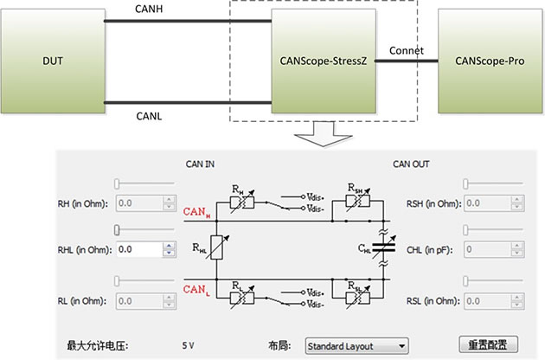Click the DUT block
click(53, 61)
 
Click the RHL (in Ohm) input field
click(140, 249)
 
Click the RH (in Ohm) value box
click(140, 203)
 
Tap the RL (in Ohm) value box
click(140, 300)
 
